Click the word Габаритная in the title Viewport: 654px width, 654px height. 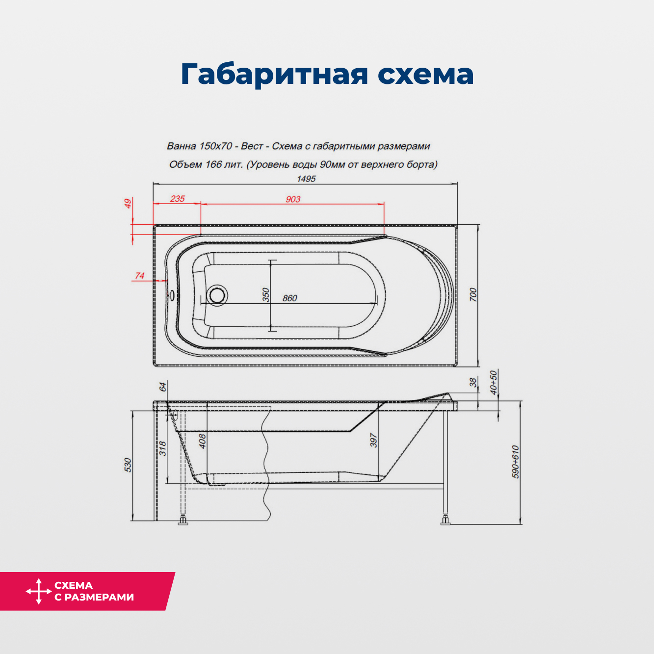click(274, 74)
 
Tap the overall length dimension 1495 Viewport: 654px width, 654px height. click(306, 179)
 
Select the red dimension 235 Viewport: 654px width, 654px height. click(178, 199)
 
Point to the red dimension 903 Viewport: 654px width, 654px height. click(293, 199)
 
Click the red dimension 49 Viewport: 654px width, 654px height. click(128, 203)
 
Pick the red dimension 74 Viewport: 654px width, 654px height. click(140, 276)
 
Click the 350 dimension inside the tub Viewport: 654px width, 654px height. click(266, 295)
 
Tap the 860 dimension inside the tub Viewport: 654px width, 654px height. click(289, 298)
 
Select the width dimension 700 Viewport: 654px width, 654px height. click(473, 294)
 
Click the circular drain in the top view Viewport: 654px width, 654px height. click(216, 295)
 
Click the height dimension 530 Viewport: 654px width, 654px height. click(128, 465)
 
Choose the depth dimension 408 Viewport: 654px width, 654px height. click(202, 441)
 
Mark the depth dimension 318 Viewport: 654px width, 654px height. click(163, 448)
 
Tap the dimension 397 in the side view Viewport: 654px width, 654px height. click(374, 440)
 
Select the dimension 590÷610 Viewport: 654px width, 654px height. click(516, 462)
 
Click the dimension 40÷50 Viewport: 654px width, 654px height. click(494, 382)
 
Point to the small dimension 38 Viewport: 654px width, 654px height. click(473, 382)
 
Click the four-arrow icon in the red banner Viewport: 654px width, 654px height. click(39, 591)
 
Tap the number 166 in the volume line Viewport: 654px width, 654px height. click(213, 164)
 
